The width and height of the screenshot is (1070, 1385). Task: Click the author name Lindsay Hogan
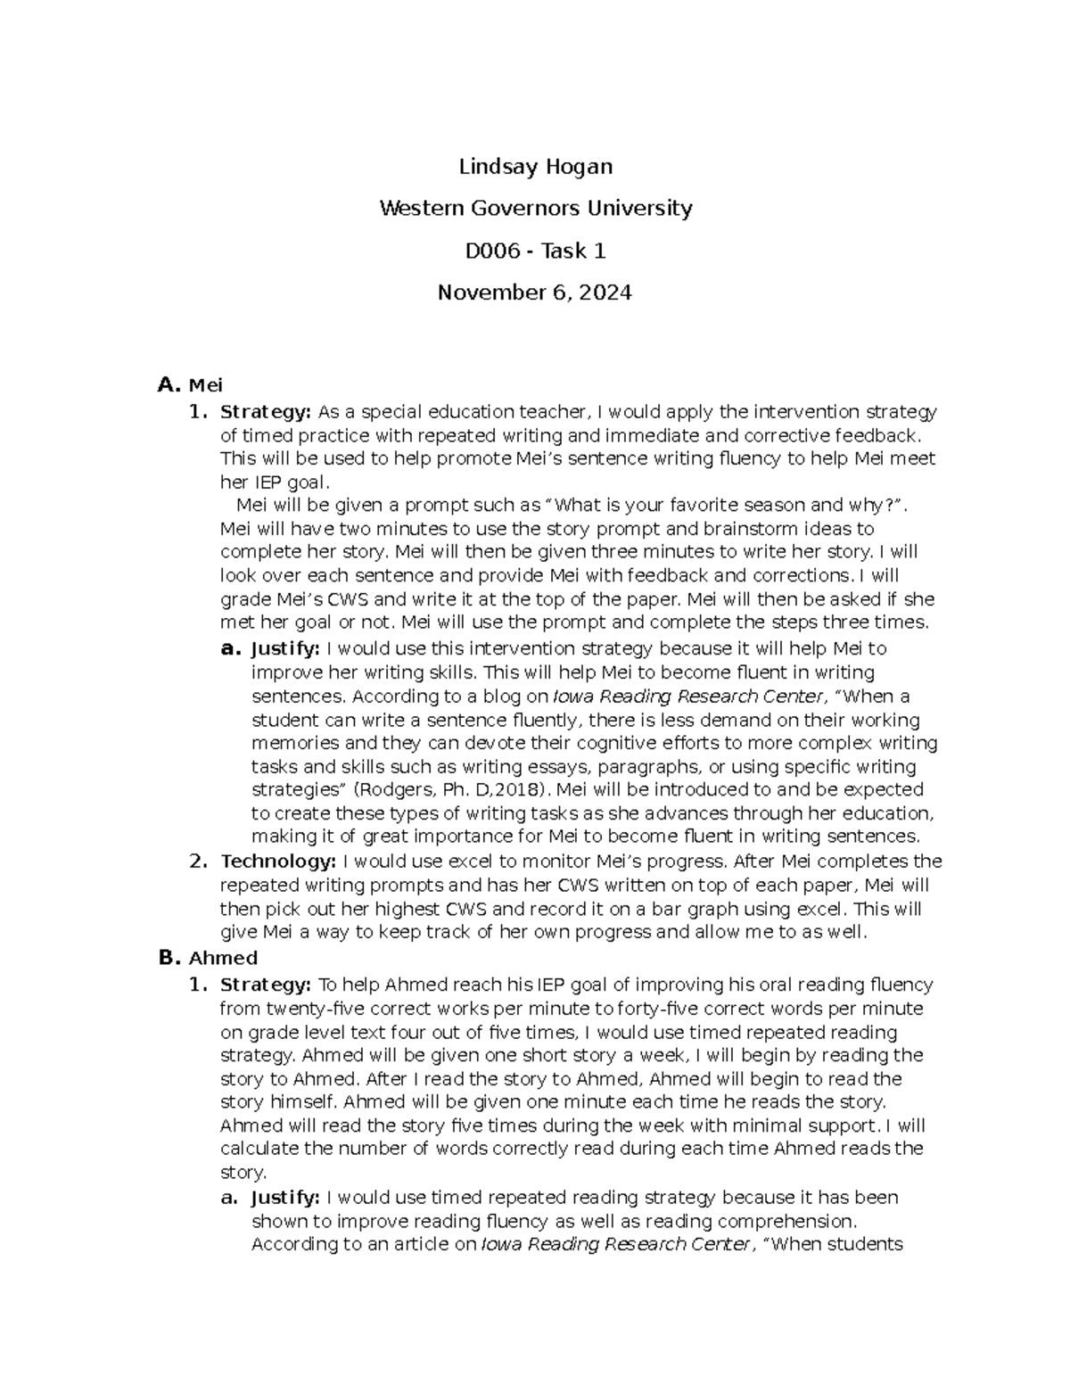[535, 167]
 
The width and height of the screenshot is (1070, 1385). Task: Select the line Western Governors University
[535, 209]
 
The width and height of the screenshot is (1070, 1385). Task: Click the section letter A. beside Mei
[169, 385]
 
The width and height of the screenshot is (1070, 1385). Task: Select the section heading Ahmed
[223, 958]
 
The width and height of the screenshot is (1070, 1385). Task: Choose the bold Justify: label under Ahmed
[285, 1197]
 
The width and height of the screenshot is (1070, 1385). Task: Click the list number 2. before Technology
[198, 862]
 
